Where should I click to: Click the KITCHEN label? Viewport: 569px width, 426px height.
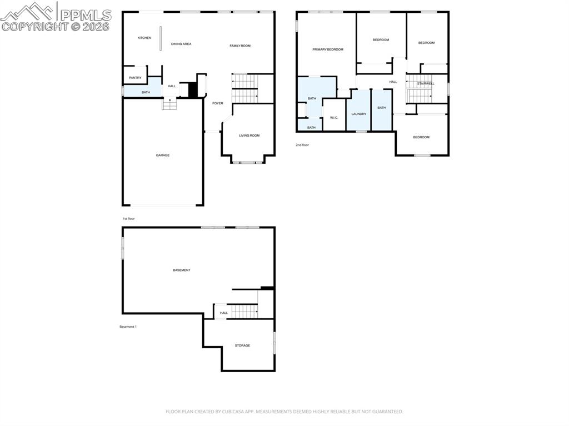click(144, 38)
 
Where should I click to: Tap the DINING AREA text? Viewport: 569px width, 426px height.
click(181, 44)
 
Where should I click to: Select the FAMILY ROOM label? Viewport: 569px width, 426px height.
click(240, 46)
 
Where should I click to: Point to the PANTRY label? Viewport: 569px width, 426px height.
click(135, 78)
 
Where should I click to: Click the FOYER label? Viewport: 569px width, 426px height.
click(217, 103)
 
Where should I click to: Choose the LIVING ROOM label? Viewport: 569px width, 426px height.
click(249, 136)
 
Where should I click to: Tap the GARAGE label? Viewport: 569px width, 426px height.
click(162, 156)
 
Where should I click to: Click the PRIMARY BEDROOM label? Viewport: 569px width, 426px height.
click(327, 49)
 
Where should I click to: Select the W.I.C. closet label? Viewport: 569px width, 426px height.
click(334, 117)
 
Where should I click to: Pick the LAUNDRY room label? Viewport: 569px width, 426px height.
click(358, 114)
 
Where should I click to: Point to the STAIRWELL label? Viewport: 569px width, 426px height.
click(426, 84)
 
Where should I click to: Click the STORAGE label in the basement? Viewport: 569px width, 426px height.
click(242, 345)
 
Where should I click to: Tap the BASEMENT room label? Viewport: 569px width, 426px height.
click(181, 270)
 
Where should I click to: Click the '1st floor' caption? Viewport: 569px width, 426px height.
click(128, 219)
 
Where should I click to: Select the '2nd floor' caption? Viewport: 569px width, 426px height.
click(302, 145)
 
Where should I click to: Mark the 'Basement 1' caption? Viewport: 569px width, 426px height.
click(128, 327)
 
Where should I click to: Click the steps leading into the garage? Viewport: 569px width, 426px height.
click(169, 104)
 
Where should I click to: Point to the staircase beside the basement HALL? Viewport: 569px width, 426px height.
click(244, 312)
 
